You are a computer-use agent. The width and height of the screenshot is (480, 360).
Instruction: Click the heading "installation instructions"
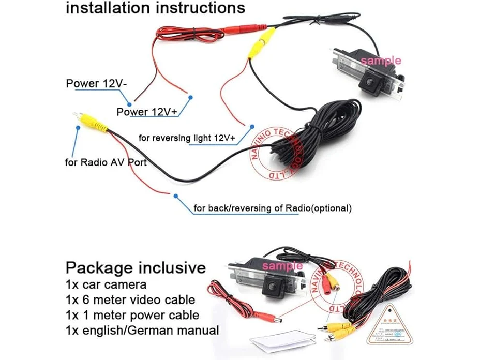click(x=155, y=8)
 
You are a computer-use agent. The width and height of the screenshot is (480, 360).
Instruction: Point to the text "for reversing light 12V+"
click(x=187, y=138)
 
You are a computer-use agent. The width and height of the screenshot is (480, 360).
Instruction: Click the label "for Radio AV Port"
click(x=106, y=162)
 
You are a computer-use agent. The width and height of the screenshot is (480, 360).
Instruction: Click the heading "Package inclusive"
click(x=136, y=268)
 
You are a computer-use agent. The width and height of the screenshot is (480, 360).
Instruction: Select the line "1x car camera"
click(x=106, y=284)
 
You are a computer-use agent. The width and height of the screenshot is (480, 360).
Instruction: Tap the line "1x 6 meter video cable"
click(x=130, y=300)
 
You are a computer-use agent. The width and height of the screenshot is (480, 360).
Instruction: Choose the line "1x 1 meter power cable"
click(x=132, y=315)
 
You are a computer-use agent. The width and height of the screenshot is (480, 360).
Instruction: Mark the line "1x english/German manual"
click(x=142, y=331)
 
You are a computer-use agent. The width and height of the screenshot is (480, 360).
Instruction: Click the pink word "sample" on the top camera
click(x=381, y=61)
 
